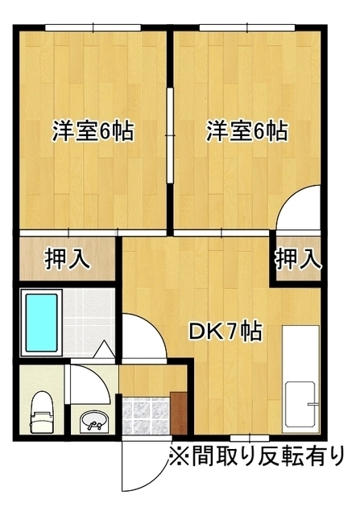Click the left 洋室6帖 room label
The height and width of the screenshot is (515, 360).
click(93, 130)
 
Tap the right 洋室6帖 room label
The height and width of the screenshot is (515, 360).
click(246, 130)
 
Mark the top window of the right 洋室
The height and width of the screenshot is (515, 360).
click(248, 29)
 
